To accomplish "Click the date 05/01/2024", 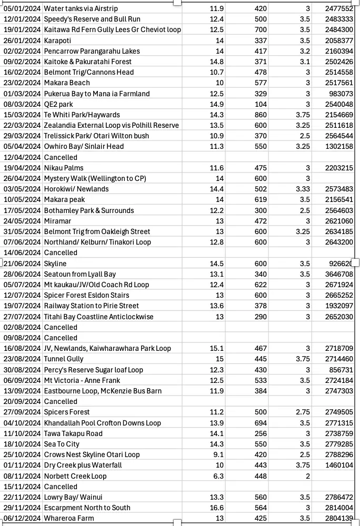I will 22,8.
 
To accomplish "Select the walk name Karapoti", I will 57,41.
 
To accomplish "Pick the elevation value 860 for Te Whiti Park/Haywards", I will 261,115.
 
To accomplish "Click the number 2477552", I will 339,8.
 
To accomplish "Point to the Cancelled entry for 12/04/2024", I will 61,157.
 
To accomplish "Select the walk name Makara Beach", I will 67,83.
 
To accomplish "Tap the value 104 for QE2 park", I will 261,104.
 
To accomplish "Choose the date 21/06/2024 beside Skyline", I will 22,264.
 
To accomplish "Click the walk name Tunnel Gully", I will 64,359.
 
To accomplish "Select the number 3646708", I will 339,274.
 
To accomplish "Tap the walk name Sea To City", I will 62,444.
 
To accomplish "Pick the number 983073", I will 342,94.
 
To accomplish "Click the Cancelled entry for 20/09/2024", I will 61,401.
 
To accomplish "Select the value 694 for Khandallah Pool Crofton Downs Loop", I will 261,423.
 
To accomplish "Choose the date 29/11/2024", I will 22,508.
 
